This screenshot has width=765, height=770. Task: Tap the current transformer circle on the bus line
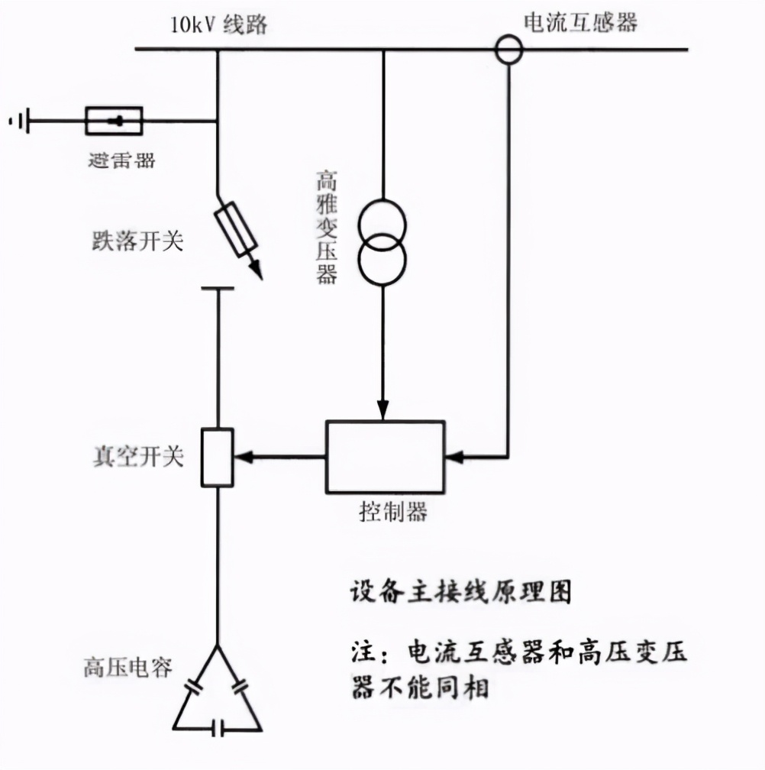click(508, 50)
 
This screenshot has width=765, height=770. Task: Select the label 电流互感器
click(580, 22)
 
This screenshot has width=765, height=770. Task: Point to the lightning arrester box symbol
click(114, 121)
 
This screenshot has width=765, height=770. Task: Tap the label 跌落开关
click(137, 242)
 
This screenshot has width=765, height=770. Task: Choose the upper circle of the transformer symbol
click(383, 221)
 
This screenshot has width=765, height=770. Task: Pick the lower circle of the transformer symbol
click(383, 260)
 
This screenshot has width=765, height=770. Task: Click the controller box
click(386, 457)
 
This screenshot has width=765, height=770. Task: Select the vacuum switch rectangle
click(217, 457)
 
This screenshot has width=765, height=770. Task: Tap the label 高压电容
click(127, 667)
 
